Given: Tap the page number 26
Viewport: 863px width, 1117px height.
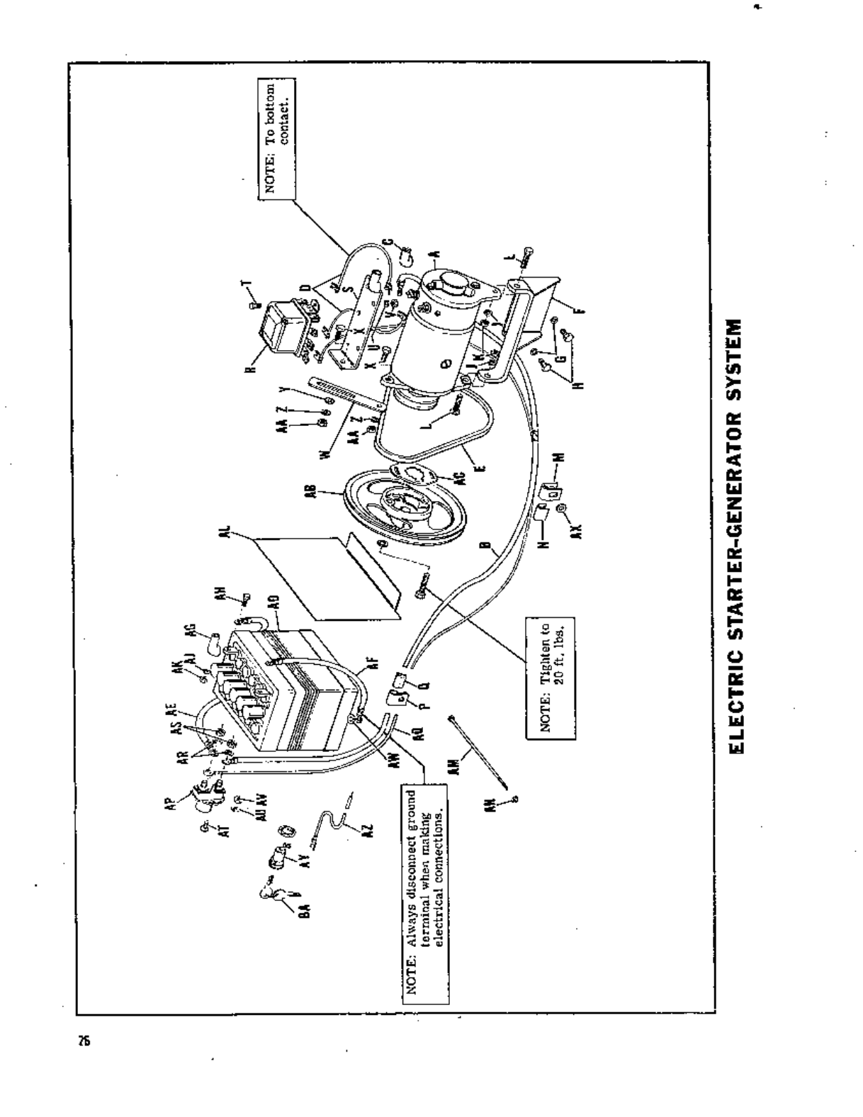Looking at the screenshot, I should pos(84,1041).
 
